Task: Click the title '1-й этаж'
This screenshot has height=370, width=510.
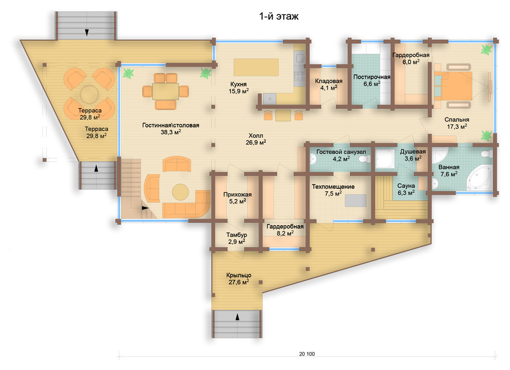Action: click(279, 16)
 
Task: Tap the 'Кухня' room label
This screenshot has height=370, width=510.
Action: click(239, 85)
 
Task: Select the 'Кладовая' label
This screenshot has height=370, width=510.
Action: click(329, 81)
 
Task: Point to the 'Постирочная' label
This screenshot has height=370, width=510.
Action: click(372, 77)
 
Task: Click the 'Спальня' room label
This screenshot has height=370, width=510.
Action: click(456, 120)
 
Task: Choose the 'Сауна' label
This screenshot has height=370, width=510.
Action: click(406, 186)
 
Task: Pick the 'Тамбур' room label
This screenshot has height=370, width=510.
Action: click(236, 234)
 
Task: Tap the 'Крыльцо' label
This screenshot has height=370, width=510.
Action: click(239, 275)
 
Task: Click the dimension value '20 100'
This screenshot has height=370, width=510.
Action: click(307, 354)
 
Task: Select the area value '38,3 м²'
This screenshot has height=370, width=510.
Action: click(171, 132)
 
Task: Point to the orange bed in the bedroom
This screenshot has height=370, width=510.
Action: click(453, 86)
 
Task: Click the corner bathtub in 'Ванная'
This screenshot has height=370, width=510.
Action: click(480, 178)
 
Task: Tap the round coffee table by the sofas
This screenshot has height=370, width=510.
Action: click(180, 192)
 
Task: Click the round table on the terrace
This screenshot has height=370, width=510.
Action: click(89, 94)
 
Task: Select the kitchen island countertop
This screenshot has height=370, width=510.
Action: click(256, 67)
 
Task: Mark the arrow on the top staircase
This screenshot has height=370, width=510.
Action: click(87, 32)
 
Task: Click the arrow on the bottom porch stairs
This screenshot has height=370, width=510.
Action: click(237, 316)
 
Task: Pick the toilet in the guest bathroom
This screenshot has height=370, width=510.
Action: click(365, 159)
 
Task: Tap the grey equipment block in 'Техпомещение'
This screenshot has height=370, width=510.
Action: click(355, 200)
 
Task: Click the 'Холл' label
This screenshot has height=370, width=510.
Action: click(256, 136)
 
